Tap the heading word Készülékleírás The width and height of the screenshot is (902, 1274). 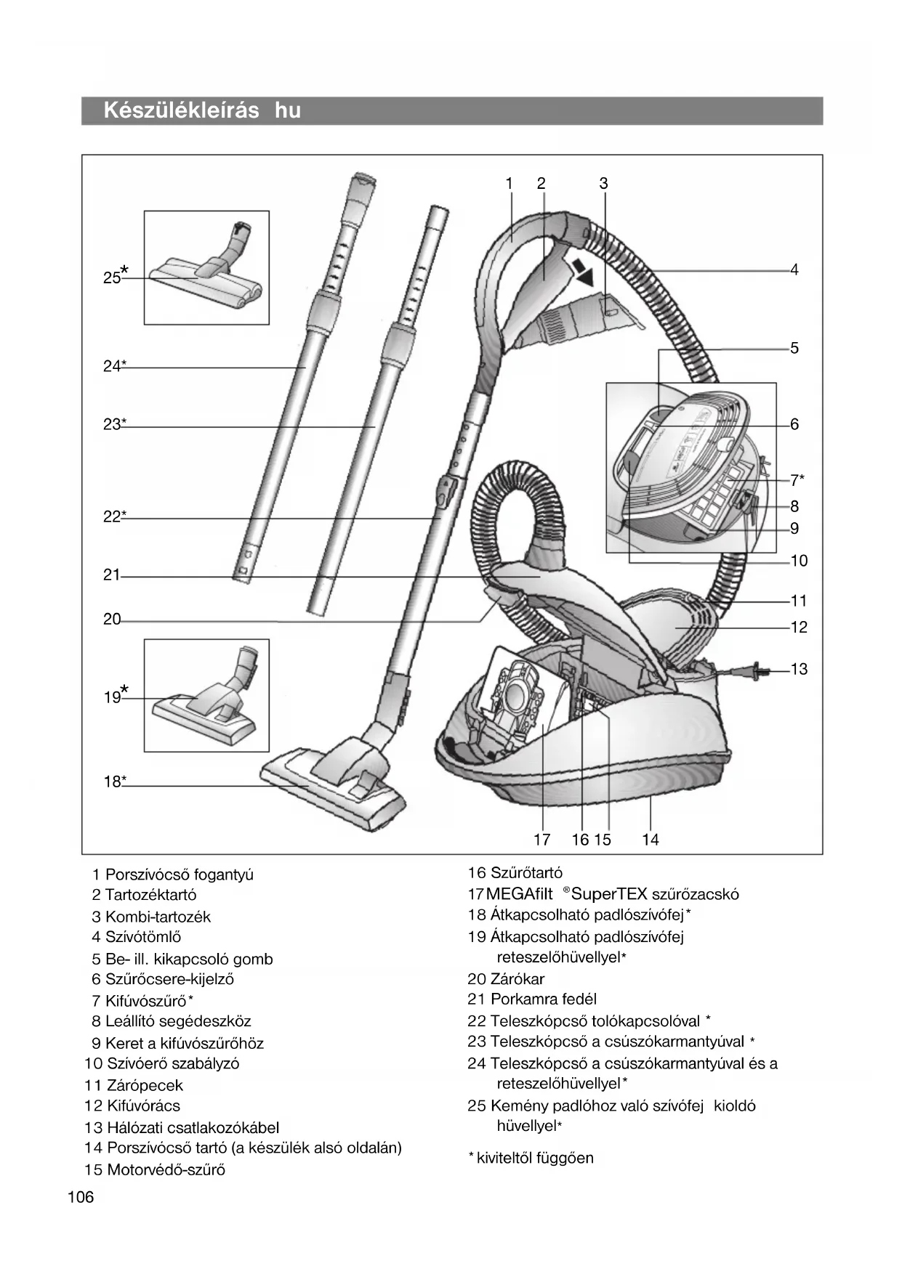coord(181,110)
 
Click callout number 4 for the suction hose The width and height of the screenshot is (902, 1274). coord(794,270)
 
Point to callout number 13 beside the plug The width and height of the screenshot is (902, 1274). coord(799,669)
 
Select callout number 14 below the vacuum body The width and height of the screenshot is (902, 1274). coord(650,840)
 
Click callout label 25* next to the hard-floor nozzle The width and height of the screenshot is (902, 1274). coord(114,277)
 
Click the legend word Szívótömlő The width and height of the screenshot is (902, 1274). coord(142,937)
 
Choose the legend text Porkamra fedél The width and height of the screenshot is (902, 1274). coord(543,999)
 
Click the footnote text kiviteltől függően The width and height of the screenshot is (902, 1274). coord(534,1158)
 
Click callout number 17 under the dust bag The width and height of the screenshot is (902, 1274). coord(541,840)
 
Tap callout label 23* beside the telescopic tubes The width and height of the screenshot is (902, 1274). coord(114,424)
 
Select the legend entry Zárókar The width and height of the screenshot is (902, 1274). coord(517,979)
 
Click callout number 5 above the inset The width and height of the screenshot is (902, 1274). coord(794,348)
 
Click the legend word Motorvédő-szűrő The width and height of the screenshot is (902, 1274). coord(166,1169)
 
